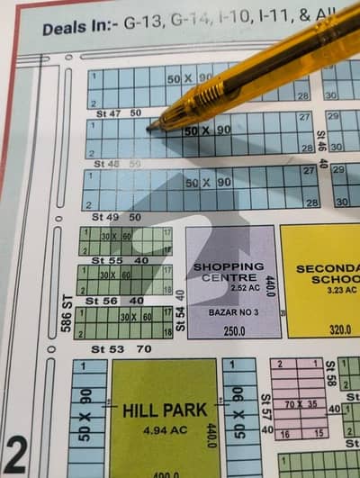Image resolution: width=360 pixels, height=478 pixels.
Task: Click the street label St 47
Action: (x=108, y=113)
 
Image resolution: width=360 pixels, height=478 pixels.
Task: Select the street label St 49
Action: (x=107, y=218)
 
